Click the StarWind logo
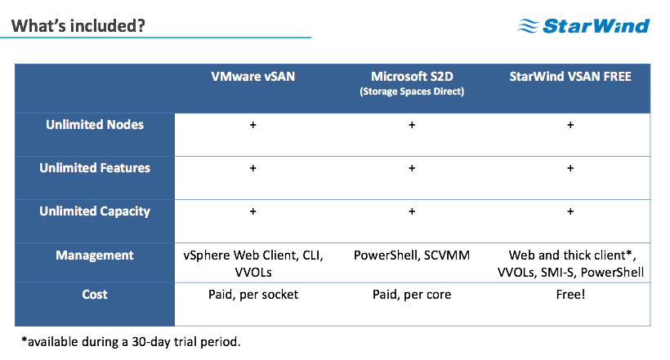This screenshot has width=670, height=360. click(x=583, y=25)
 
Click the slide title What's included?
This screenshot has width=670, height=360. click(x=78, y=25)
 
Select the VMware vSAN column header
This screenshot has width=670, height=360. click(x=253, y=77)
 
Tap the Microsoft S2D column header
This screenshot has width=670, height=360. click(x=412, y=77)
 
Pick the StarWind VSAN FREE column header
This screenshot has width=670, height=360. click(x=570, y=77)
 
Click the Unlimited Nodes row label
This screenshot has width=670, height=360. click(x=95, y=125)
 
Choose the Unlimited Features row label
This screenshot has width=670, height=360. click(x=95, y=168)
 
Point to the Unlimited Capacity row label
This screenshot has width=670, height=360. click(x=95, y=211)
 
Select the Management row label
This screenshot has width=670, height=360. click(x=95, y=256)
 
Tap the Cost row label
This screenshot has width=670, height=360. click(x=95, y=294)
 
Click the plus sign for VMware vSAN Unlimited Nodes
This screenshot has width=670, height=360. click(x=253, y=125)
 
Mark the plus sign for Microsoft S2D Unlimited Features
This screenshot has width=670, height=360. click(x=412, y=168)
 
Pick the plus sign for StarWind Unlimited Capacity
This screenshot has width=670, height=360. click(x=570, y=211)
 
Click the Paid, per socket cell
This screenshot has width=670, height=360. click(x=253, y=295)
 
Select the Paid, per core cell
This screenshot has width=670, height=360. click(x=412, y=295)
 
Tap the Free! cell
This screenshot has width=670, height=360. click(x=570, y=294)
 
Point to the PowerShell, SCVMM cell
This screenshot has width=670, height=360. click(x=412, y=256)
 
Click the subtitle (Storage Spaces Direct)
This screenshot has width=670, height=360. click(x=412, y=91)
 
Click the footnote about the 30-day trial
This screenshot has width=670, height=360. click(x=131, y=342)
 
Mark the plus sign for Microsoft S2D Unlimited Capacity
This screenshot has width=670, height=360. click(x=412, y=211)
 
